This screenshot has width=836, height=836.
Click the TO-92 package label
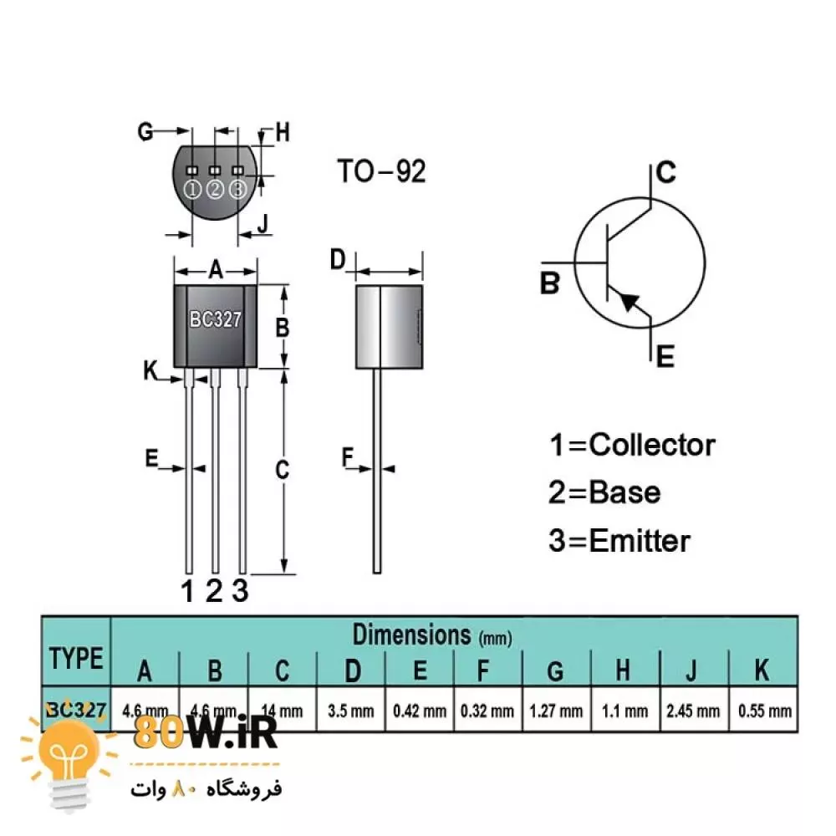click(x=381, y=171)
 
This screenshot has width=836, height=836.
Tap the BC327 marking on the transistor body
click(x=215, y=319)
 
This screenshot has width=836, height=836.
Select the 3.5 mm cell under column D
click(x=351, y=711)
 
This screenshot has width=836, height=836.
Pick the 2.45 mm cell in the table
click(x=693, y=711)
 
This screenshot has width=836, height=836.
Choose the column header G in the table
click(x=556, y=670)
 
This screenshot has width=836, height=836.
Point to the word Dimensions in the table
click(x=411, y=635)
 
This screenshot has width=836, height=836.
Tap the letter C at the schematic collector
click(x=665, y=173)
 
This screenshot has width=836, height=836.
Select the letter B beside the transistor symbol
click(x=549, y=283)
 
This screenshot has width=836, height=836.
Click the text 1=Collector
click(x=632, y=445)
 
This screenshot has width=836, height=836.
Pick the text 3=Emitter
click(x=619, y=541)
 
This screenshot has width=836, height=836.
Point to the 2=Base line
click(x=604, y=492)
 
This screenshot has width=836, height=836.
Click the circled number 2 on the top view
click(x=215, y=190)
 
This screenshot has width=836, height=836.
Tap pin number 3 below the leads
click(x=241, y=591)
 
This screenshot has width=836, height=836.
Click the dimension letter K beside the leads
click(x=150, y=369)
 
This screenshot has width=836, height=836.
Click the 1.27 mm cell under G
click(x=556, y=711)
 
